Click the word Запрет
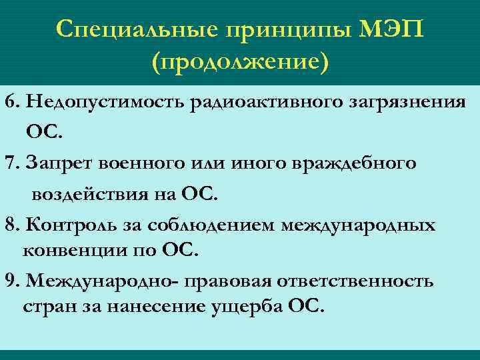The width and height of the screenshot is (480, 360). (59, 163)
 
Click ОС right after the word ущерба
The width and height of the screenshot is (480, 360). (307, 307)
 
